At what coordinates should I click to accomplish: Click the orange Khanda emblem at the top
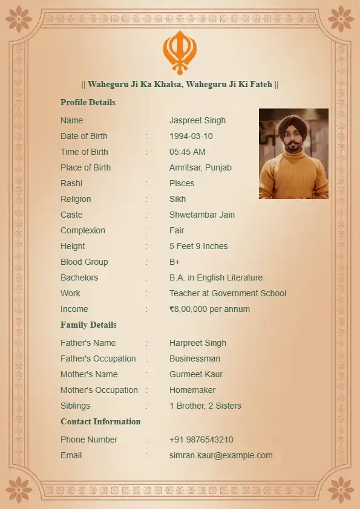coord(180,52)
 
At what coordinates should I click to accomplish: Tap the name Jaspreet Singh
coord(197,120)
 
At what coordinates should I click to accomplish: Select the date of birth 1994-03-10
coord(191,136)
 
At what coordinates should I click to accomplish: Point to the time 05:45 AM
coord(187,152)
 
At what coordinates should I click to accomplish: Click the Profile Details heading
coord(88,102)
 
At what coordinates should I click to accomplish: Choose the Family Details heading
coord(88,325)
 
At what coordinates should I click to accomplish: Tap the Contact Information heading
coord(100,421)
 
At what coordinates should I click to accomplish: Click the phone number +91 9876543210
coord(201,439)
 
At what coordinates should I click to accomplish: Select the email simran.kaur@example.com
coord(221,455)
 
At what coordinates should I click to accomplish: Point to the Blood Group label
coord(84,262)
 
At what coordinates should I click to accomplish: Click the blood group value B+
coord(175,262)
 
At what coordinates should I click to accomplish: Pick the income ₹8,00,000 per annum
coord(209,309)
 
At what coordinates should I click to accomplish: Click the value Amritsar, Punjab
coord(200,167)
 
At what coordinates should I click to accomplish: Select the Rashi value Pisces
coord(182,183)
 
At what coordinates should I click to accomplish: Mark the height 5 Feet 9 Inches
coord(198,246)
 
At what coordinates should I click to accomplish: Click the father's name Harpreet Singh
coord(198,343)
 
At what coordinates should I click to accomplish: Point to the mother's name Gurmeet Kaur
coord(196,374)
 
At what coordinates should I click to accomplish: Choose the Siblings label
coord(75,406)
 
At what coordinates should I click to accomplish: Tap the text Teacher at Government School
coord(227,293)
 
